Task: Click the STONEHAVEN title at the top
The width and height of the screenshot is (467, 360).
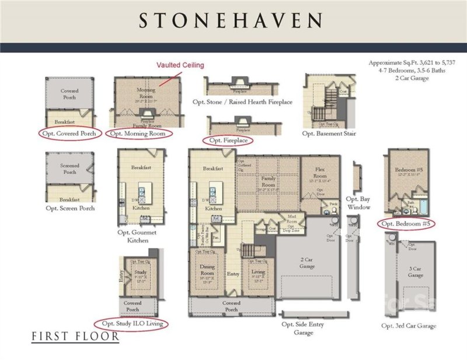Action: pos(230,21)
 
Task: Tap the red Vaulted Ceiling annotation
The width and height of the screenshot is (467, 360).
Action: pos(179,65)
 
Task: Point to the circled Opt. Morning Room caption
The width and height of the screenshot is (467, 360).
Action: pos(142,134)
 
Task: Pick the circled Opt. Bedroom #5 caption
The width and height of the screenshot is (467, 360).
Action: pos(406,223)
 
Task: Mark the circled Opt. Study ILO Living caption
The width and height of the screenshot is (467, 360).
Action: pos(131,323)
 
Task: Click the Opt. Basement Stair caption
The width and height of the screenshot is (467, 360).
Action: pos(329,134)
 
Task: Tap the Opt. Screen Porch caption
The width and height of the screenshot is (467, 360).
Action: pos(70,208)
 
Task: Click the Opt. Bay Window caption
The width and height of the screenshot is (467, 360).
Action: pos(358,203)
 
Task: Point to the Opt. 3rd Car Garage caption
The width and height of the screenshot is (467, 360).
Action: pos(409,326)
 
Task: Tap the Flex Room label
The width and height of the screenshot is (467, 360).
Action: pos(319,173)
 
